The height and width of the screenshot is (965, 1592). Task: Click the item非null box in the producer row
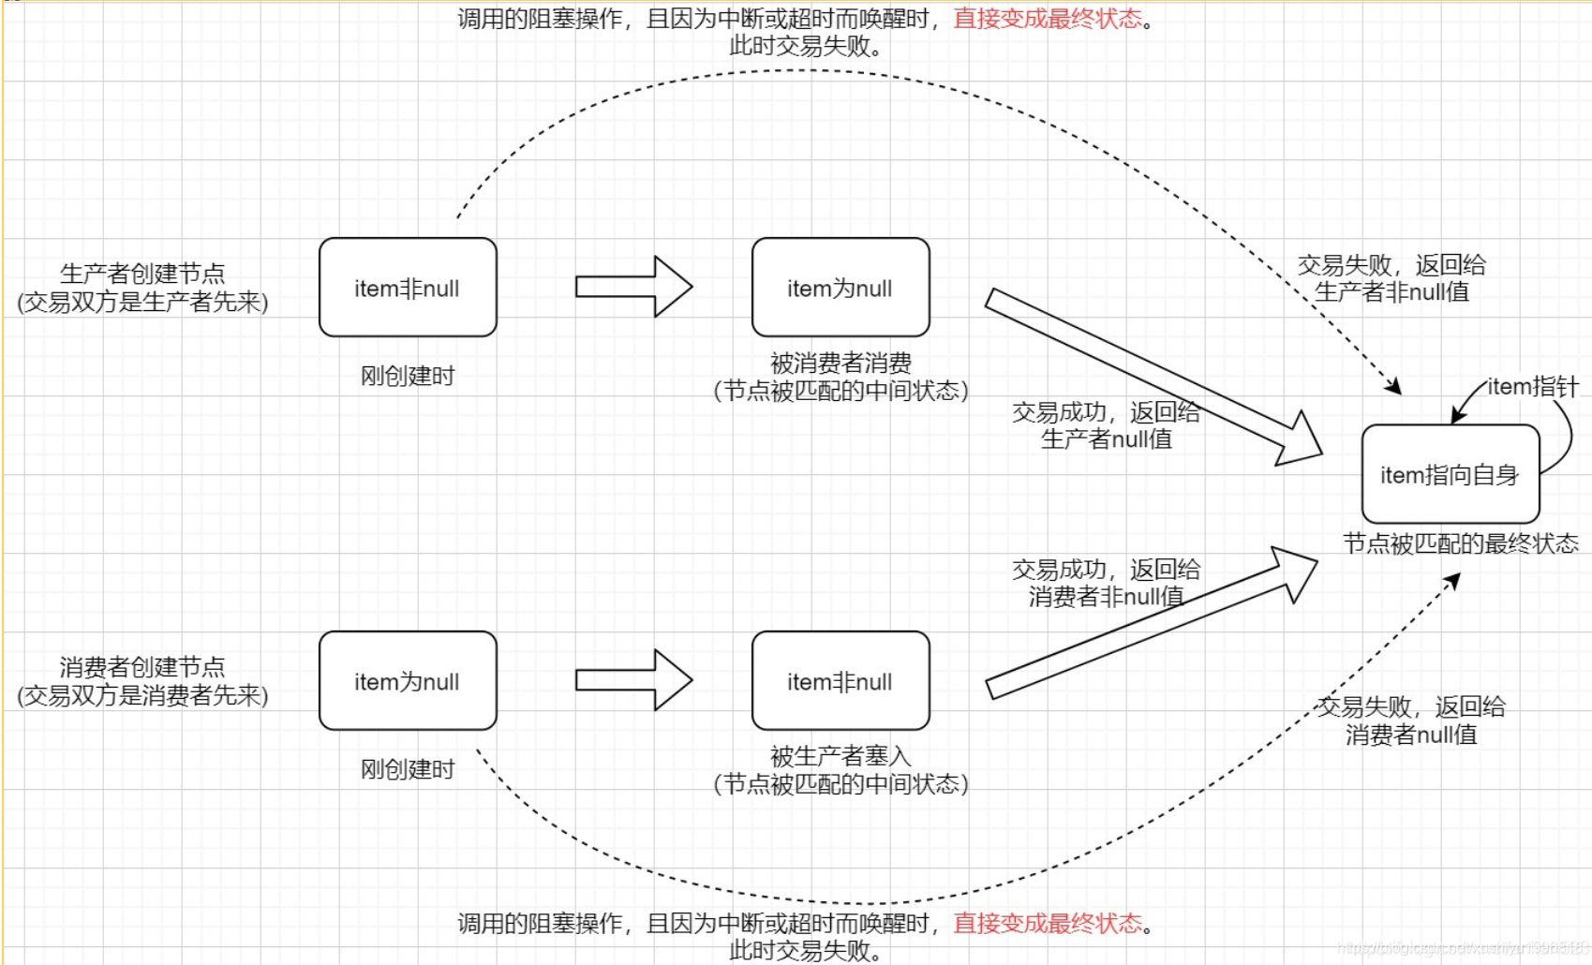(x=408, y=288)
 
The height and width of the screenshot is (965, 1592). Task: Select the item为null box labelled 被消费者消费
(x=841, y=288)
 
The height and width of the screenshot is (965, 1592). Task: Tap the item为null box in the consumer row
(x=408, y=681)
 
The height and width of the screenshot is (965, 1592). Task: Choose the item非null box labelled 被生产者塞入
(x=841, y=681)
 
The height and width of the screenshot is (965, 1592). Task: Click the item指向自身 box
(x=1450, y=474)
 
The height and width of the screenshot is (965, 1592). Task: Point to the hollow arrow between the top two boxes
(x=633, y=287)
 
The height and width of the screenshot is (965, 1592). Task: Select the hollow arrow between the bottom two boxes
(x=633, y=680)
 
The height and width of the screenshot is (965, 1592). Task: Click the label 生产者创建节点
(x=142, y=274)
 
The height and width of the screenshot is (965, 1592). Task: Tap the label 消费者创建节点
(x=142, y=667)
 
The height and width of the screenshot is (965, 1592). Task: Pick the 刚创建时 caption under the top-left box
(x=408, y=376)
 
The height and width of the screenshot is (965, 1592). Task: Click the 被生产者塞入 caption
(x=841, y=756)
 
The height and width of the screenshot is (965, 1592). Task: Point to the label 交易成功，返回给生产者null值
(x=1106, y=425)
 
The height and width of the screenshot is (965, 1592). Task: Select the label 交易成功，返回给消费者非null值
(x=1106, y=583)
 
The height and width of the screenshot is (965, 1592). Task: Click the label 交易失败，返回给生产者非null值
(x=1391, y=278)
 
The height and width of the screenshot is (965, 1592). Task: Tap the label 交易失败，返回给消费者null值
(x=1411, y=720)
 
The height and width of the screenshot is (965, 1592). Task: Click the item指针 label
(x=1533, y=386)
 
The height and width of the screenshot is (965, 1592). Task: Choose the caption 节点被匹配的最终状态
(x=1460, y=543)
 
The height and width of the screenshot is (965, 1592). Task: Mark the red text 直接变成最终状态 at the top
(x=1048, y=19)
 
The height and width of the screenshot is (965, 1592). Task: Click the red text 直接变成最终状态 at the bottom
(x=1048, y=924)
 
